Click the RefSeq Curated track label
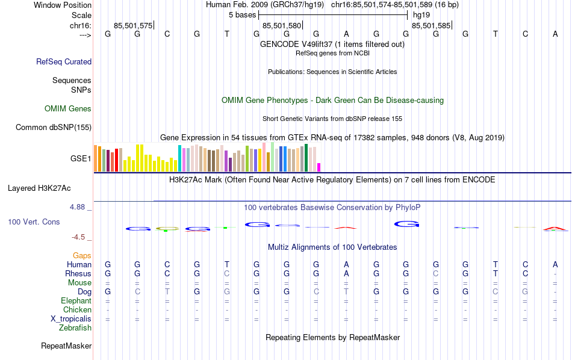[64, 61]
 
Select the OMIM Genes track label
[68, 109]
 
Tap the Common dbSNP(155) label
[54, 127]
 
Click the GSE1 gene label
[81, 159]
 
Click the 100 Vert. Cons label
[34, 222]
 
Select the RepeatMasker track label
[66, 346]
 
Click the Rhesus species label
[78, 274]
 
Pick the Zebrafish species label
[75, 328]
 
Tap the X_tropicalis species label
[72, 319]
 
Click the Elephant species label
[76, 301]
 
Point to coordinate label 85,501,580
[282, 26]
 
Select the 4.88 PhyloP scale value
[78, 207]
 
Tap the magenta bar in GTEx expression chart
[319, 167]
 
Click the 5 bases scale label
[242, 14]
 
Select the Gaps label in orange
[82, 256]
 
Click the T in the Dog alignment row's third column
[167, 292]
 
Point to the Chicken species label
[78, 310]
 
